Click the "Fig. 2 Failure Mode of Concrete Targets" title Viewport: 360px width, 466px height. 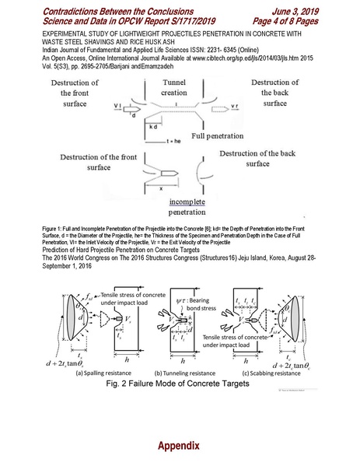pyautogui.click(x=179, y=384)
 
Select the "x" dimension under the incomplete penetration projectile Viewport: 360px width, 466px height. pyautogui.click(x=159, y=187)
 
